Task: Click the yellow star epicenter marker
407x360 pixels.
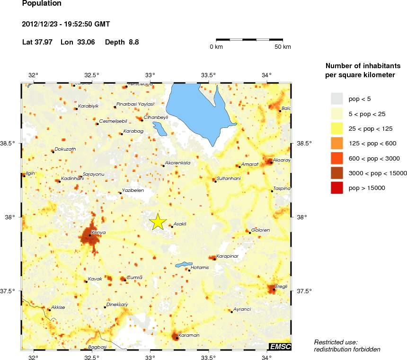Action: [x=158, y=222]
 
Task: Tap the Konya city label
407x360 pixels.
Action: [x=98, y=233]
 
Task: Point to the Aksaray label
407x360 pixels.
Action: [x=282, y=160]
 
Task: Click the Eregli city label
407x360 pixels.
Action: [x=282, y=286]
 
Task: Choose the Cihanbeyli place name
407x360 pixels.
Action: [x=156, y=117]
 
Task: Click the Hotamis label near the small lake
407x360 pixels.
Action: [x=199, y=268]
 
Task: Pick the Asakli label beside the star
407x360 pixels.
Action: [x=180, y=224]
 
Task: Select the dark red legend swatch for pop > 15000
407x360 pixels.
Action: [x=336, y=188]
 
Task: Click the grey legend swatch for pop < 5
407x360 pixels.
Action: [x=336, y=99]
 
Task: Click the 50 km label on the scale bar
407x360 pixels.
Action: [x=283, y=47]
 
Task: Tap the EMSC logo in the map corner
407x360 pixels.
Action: [x=280, y=347]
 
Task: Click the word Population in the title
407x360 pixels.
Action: [x=42, y=4]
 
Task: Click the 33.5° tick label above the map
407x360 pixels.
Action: [x=209, y=75]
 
